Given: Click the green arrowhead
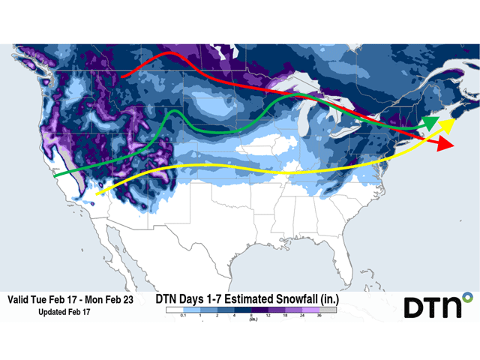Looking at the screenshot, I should coord(430,123).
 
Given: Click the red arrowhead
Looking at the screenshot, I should coord(444,144).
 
